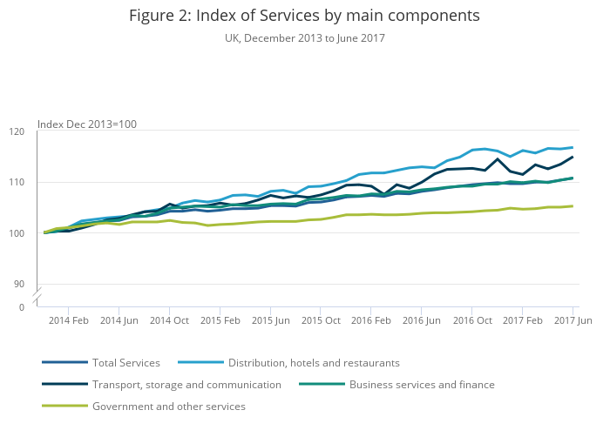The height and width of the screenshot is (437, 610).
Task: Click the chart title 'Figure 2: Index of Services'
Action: [x=304, y=16]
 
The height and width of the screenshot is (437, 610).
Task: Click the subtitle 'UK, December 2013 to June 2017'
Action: [x=304, y=38]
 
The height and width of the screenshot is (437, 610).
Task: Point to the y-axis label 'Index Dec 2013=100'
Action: [x=87, y=124]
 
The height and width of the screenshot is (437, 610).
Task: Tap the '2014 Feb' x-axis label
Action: [x=68, y=320]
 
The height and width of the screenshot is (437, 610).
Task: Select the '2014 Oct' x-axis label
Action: [x=169, y=320]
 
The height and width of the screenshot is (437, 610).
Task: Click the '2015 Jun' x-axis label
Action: [x=270, y=320]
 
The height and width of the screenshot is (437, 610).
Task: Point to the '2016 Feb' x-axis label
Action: [x=371, y=320]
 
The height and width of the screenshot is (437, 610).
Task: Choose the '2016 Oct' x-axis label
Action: [x=472, y=320]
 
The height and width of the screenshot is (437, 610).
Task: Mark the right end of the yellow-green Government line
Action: [x=573, y=206]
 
